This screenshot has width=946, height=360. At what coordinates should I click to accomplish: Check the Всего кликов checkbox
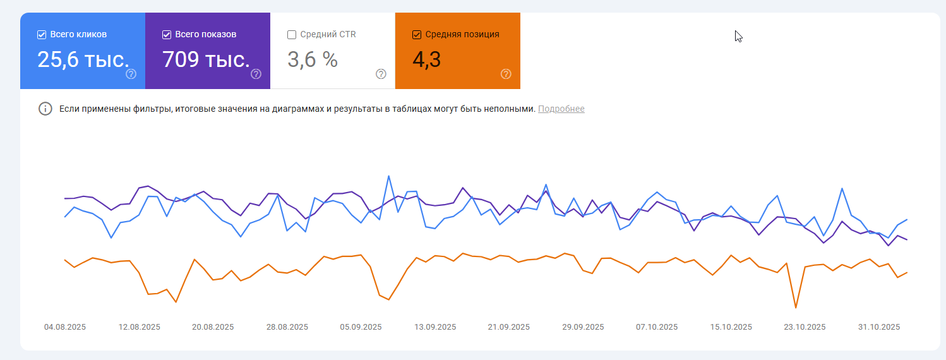pyautogui.click(x=42, y=35)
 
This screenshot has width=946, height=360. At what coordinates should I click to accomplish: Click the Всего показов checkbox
pyautogui.click(x=167, y=35)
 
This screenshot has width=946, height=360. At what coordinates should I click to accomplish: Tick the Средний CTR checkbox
pyautogui.click(x=292, y=35)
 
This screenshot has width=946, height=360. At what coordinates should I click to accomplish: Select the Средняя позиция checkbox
pyautogui.click(x=417, y=35)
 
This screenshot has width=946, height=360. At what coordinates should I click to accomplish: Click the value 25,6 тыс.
pyautogui.click(x=83, y=59)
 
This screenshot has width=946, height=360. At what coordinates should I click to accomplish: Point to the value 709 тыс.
pyautogui.click(x=206, y=59)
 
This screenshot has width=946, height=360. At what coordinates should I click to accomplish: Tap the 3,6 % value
pyautogui.click(x=313, y=59)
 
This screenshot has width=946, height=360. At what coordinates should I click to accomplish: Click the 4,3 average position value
pyautogui.click(x=426, y=59)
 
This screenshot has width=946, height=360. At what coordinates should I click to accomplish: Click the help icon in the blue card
pyautogui.click(x=131, y=74)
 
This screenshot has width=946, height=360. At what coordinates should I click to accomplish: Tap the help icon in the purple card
pyautogui.click(x=256, y=74)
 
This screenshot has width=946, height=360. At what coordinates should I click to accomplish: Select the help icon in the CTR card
pyautogui.click(x=381, y=74)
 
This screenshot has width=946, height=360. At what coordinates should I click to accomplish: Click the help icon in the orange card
pyautogui.click(x=506, y=74)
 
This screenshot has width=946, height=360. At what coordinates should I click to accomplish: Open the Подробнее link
pyautogui.click(x=561, y=109)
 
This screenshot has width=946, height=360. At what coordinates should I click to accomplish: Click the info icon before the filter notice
pyautogui.click(x=45, y=109)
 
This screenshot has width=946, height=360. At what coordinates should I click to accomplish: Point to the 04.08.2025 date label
pyautogui.click(x=65, y=327)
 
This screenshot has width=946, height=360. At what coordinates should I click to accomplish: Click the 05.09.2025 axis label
pyautogui.click(x=361, y=327)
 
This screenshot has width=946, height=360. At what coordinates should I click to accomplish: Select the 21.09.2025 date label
pyautogui.click(x=508, y=327)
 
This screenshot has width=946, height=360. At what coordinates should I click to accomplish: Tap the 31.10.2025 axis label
pyautogui.click(x=879, y=327)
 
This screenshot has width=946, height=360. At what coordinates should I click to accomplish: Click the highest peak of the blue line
pyautogui.click(x=388, y=176)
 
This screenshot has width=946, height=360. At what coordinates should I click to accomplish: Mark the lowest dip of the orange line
pyautogui.click(x=796, y=308)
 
